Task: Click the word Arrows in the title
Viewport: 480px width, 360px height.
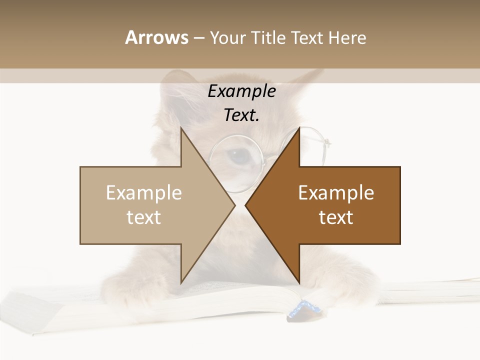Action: click(x=156, y=37)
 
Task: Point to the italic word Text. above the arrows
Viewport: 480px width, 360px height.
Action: click(x=241, y=115)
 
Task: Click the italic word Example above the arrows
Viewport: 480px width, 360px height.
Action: click(x=241, y=91)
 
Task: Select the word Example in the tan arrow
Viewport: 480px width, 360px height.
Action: click(x=144, y=193)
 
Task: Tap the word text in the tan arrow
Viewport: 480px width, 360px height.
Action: click(x=144, y=217)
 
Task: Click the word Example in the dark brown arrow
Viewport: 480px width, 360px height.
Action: click(x=336, y=193)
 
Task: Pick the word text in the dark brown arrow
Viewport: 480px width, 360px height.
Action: click(x=336, y=217)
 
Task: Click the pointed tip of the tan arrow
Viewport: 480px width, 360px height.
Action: click(x=234, y=205)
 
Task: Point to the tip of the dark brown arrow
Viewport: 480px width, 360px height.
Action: click(x=246, y=205)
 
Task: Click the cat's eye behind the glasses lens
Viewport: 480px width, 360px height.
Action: click(x=239, y=156)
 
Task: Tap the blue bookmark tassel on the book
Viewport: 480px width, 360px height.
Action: click(x=302, y=309)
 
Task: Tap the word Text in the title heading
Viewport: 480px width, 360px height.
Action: click(x=308, y=37)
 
